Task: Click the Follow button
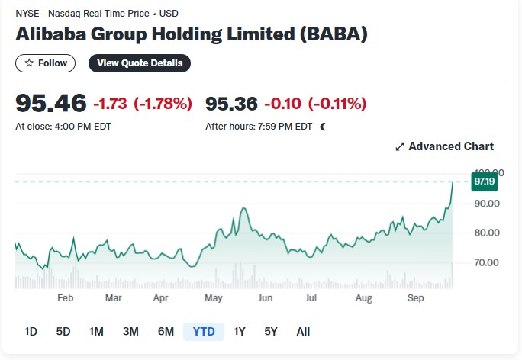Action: click(x=45, y=63)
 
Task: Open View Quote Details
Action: click(x=140, y=63)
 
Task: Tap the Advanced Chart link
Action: click(x=444, y=146)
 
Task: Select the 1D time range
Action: click(x=31, y=331)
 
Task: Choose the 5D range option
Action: click(x=63, y=331)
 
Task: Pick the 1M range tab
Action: click(x=96, y=331)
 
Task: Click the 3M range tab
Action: click(x=130, y=331)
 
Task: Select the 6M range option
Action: click(x=166, y=331)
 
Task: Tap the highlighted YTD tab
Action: click(x=204, y=331)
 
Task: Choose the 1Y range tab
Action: click(x=240, y=331)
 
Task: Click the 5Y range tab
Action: click(x=271, y=331)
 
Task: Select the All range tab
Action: click(x=303, y=331)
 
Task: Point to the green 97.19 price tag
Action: click(x=485, y=182)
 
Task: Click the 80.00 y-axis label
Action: click(x=487, y=233)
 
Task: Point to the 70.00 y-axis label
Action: click(x=487, y=262)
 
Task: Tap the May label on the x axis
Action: click(x=214, y=297)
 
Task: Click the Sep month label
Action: click(x=415, y=297)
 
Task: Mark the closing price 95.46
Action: click(x=51, y=103)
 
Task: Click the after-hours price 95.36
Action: click(x=231, y=104)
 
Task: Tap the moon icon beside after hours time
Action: click(x=323, y=127)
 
